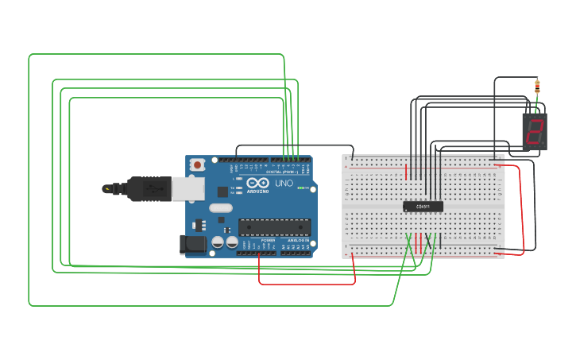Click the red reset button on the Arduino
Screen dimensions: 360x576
(197, 165)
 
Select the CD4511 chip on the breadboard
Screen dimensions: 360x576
(423, 207)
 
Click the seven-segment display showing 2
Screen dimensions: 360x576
(535, 130)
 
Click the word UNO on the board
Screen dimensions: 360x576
(284, 184)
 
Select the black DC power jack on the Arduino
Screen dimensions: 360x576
(193, 245)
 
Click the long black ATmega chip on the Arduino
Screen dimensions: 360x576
(274, 227)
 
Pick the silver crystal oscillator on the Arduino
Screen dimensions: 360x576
(221, 208)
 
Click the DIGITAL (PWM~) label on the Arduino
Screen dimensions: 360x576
(282, 172)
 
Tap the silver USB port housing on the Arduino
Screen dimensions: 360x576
(187, 189)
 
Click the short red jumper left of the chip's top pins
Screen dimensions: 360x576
(406, 172)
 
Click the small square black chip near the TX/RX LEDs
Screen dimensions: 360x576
(222, 192)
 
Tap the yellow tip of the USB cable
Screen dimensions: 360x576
(106, 189)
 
